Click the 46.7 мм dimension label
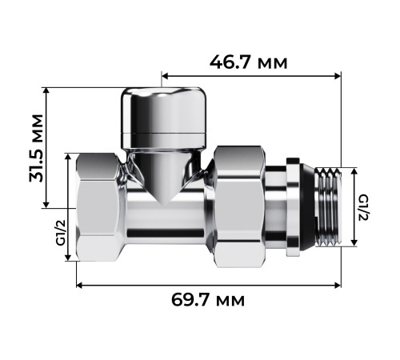tap(249, 63)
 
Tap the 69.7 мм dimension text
tap(208, 300)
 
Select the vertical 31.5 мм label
tap(36, 148)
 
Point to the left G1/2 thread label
tap(61, 232)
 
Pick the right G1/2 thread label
tap(364, 207)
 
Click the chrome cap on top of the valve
tap(164, 118)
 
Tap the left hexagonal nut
tap(98, 207)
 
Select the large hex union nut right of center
tap(239, 206)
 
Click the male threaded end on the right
tap(328, 206)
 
